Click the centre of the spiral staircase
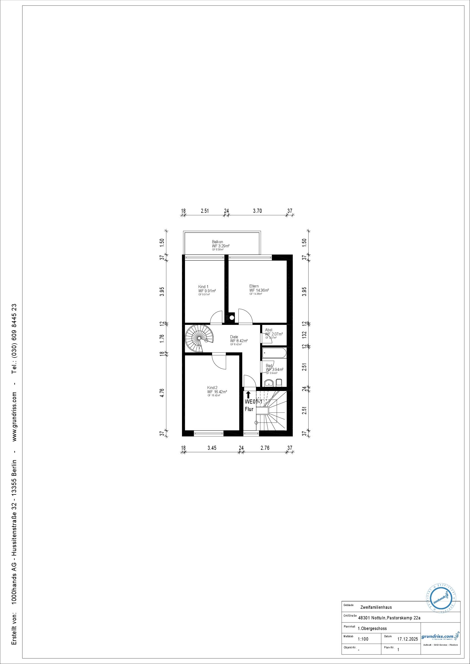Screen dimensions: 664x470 [x=199, y=338]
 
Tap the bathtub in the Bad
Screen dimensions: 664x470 [x=274, y=352]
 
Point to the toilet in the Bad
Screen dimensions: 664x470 [x=279, y=383]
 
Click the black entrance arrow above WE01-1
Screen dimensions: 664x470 [x=248, y=395]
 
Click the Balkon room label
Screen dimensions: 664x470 [x=217, y=242]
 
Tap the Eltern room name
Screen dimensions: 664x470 [x=254, y=286]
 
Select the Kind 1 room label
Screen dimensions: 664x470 [x=203, y=287]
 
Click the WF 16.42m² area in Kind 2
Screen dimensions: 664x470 [x=217, y=392]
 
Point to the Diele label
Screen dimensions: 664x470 [x=234, y=337]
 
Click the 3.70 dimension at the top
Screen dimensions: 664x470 [x=257, y=211]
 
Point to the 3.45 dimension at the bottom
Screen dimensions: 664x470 [x=212, y=448]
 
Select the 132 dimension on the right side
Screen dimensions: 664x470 [x=304, y=335]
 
